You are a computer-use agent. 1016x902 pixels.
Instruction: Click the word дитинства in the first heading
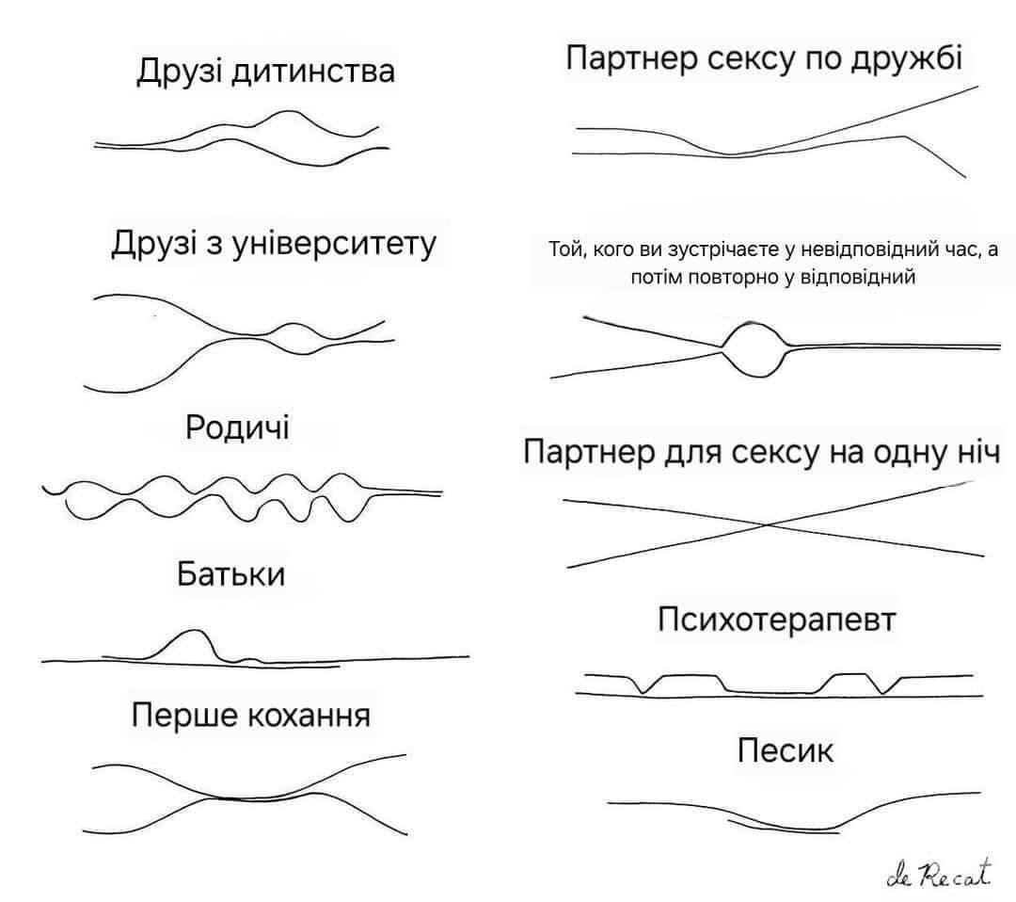pyautogui.click(x=315, y=72)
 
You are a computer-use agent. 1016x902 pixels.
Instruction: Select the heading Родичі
pyautogui.click(x=237, y=427)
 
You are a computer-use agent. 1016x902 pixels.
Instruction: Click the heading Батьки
pyautogui.click(x=230, y=573)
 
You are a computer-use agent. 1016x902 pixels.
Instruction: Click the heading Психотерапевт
pyautogui.click(x=777, y=620)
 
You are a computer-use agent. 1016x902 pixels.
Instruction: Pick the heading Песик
pyautogui.click(x=786, y=750)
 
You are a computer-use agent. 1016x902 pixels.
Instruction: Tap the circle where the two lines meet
pyautogui.click(x=756, y=347)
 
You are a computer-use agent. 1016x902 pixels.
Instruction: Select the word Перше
pyautogui.click(x=183, y=716)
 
